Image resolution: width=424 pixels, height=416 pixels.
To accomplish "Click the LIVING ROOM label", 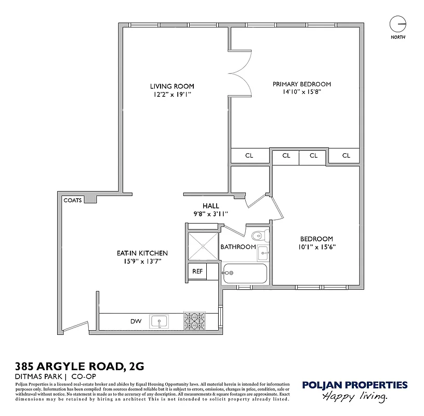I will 172,86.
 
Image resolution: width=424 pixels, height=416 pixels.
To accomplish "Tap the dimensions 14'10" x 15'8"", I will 302,92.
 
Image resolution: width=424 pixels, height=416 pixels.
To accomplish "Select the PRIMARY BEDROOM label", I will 302,84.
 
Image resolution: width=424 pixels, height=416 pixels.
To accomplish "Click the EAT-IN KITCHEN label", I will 142,253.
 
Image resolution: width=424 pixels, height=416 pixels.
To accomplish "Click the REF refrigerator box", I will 197,271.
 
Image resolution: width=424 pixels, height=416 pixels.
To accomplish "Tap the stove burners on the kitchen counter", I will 195,321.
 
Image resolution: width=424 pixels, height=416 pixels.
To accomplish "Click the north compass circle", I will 398,24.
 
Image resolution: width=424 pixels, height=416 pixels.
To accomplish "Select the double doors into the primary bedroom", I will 240,73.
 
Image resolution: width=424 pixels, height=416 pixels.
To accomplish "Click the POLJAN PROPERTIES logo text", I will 355,385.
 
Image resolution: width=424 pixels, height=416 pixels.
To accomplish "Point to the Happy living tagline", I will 355,397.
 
